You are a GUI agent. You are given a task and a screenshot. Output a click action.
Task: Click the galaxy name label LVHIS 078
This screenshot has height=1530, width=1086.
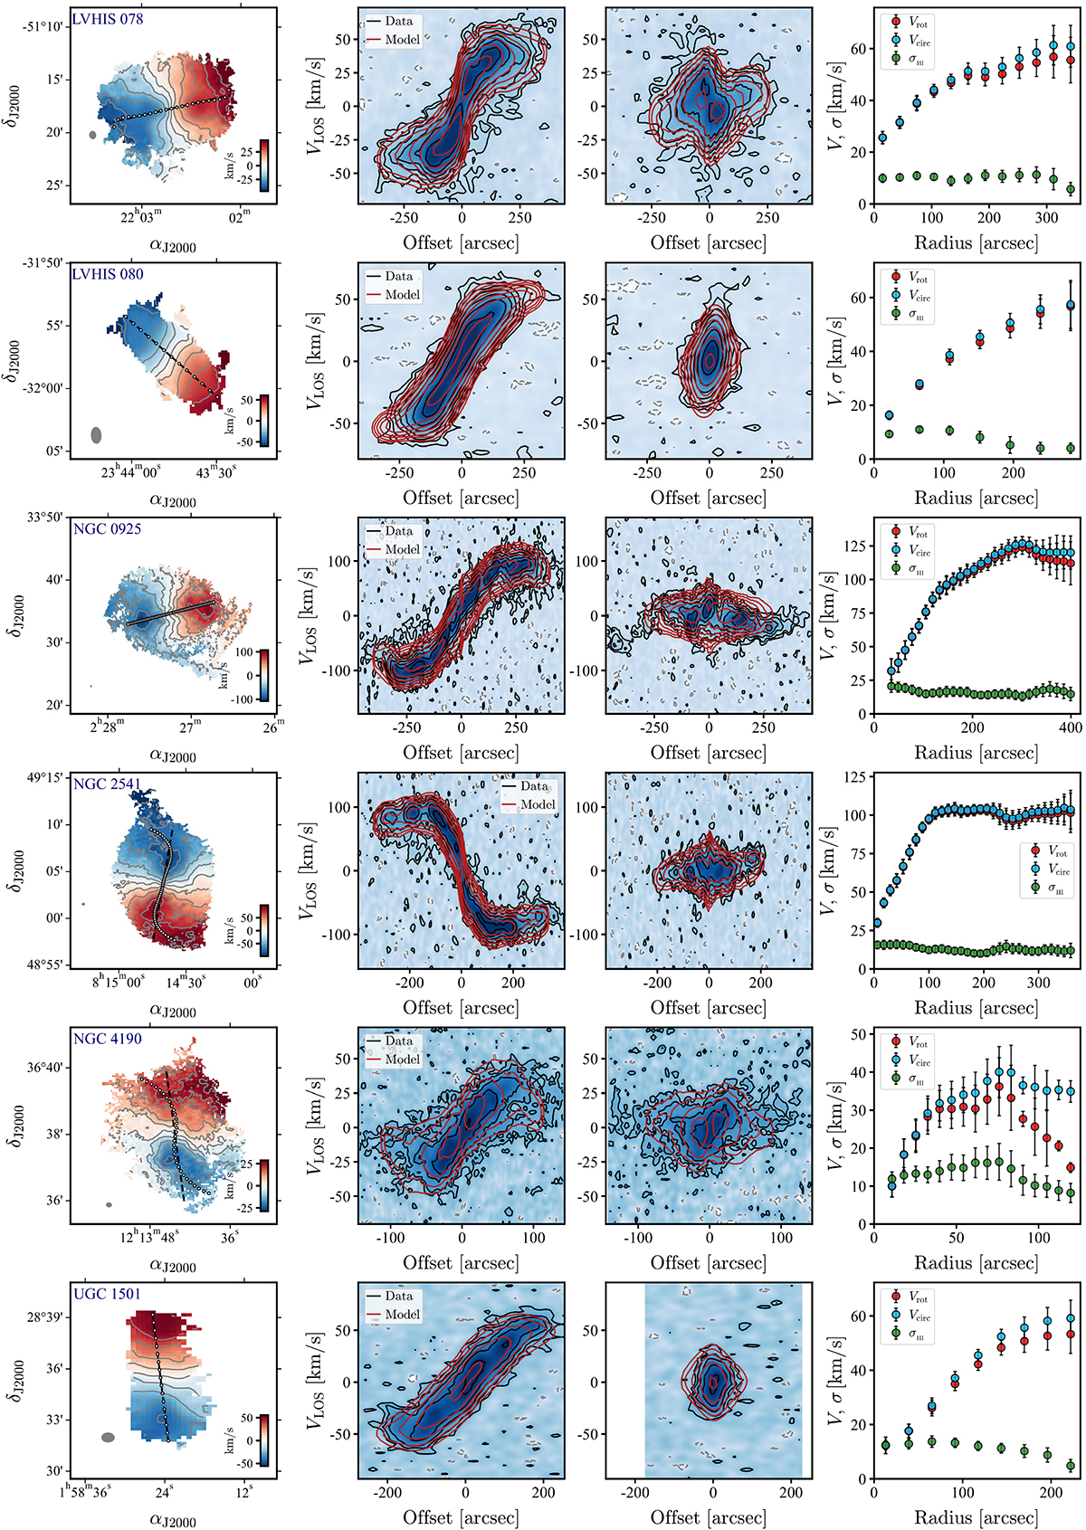tap(108, 19)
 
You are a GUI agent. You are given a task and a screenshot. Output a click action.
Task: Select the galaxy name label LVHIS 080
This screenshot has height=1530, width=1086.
tap(108, 274)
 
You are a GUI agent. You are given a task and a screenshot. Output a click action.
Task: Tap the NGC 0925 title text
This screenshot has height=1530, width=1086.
tap(108, 529)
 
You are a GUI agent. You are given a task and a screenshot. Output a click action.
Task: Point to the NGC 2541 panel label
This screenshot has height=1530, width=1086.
tap(108, 784)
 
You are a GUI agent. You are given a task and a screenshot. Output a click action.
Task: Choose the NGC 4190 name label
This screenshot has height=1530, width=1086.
tap(108, 1040)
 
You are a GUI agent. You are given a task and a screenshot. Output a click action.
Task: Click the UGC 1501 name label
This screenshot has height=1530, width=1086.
tap(108, 1295)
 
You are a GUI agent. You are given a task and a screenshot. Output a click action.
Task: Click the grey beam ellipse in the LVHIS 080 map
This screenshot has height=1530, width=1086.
tap(96, 435)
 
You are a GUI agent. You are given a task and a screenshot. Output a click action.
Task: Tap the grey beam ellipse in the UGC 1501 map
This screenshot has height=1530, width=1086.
tap(108, 1436)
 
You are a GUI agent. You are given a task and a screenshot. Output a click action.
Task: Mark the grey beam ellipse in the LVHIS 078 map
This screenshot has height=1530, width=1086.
tap(92, 135)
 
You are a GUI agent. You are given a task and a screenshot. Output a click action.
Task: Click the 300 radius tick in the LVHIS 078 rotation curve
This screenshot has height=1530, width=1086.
tap(1046, 218)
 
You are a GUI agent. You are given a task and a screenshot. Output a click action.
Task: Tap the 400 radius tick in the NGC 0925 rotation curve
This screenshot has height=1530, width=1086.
tap(1071, 727)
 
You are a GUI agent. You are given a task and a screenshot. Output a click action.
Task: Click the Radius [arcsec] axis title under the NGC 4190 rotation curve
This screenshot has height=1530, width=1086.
tap(976, 1263)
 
